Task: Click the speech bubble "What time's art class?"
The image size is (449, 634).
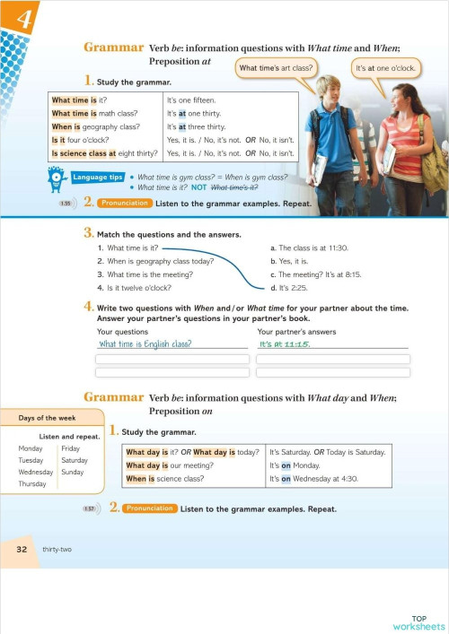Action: tap(276, 68)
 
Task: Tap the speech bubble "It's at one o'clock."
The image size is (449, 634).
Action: tap(385, 68)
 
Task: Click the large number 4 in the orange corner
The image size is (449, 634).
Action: tap(22, 20)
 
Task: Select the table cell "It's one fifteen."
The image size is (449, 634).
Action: tap(191, 100)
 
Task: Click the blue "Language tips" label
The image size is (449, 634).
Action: tap(98, 178)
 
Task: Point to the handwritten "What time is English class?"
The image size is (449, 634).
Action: tap(145, 344)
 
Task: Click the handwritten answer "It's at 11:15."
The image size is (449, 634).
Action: tap(286, 344)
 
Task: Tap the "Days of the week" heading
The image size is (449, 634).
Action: tap(46, 418)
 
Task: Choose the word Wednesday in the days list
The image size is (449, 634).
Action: tap(36, 472)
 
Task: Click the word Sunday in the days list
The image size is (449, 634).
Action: tap(72, 472)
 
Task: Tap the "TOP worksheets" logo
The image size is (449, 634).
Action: tap(418, 622)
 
